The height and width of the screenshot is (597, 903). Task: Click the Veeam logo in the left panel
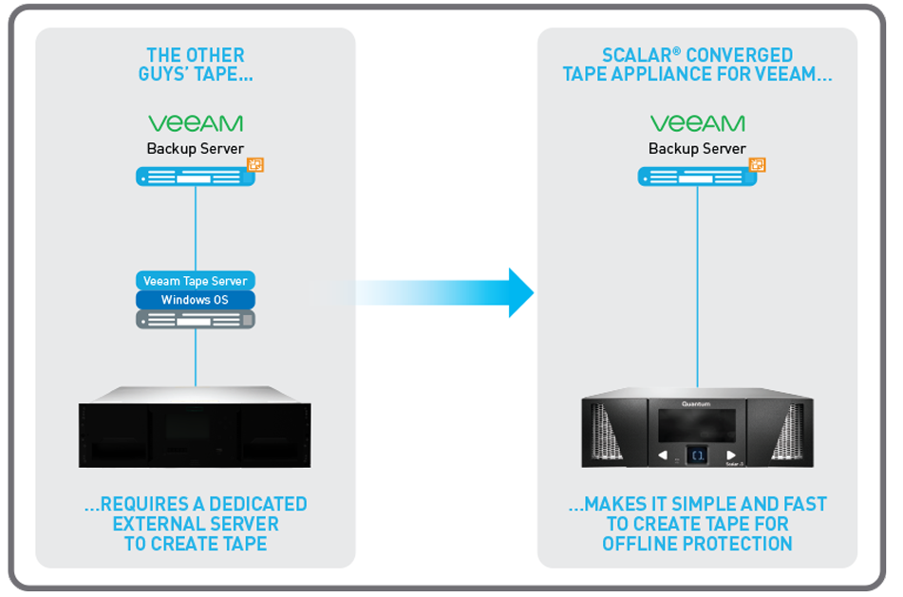[x=195, y=123]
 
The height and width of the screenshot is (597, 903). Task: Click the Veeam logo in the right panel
[x=697, y=123]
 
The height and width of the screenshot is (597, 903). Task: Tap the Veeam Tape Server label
[x=195, y=281]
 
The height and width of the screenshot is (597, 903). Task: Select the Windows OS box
[x=195, y=300]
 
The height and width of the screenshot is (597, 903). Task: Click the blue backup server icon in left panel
[x=190, y=177]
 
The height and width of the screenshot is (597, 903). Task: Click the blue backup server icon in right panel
[x=693, y=177]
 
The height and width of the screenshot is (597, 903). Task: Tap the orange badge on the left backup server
[x=254, y=166]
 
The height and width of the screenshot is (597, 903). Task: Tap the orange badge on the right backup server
[x=757, y=166]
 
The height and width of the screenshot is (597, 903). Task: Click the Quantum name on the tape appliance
[x=696, y=404]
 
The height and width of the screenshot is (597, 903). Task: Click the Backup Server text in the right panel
[x=697, y=149]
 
